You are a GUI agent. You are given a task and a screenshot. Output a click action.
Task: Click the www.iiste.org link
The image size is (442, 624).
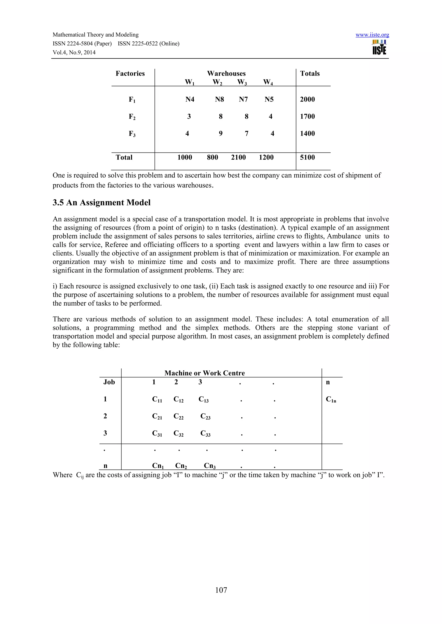point(372,35)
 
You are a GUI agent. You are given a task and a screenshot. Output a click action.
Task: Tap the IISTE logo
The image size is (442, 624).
point(379,48)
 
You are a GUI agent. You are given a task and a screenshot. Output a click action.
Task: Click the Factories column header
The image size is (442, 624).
point(130,73)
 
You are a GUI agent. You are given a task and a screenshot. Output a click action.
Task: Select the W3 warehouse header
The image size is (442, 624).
point(242,82)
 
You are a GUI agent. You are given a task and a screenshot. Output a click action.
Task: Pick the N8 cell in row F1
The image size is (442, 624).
point(219,100)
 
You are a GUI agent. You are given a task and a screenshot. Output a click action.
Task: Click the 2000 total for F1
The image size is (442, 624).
point(307,100)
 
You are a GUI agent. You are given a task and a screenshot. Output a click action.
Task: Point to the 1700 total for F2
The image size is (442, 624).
point(307,117)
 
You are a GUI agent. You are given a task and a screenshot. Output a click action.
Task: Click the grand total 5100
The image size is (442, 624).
point(307,157)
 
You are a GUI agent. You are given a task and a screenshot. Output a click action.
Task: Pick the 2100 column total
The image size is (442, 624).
point(238,157)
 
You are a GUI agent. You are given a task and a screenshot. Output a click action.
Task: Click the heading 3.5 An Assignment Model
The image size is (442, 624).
point(101,203)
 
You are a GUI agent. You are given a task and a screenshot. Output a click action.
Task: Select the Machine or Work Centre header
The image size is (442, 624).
point(204,373)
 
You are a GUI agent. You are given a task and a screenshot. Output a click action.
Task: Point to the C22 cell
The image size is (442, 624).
point(178,416)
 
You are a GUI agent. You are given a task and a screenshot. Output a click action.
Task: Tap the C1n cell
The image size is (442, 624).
point(331,399)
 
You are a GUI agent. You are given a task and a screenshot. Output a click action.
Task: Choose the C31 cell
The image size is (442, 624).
point(157,434)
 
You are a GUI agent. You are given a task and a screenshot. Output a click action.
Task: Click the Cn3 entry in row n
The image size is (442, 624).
point(210,466)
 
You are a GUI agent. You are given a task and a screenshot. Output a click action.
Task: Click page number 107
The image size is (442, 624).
point(221,590)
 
